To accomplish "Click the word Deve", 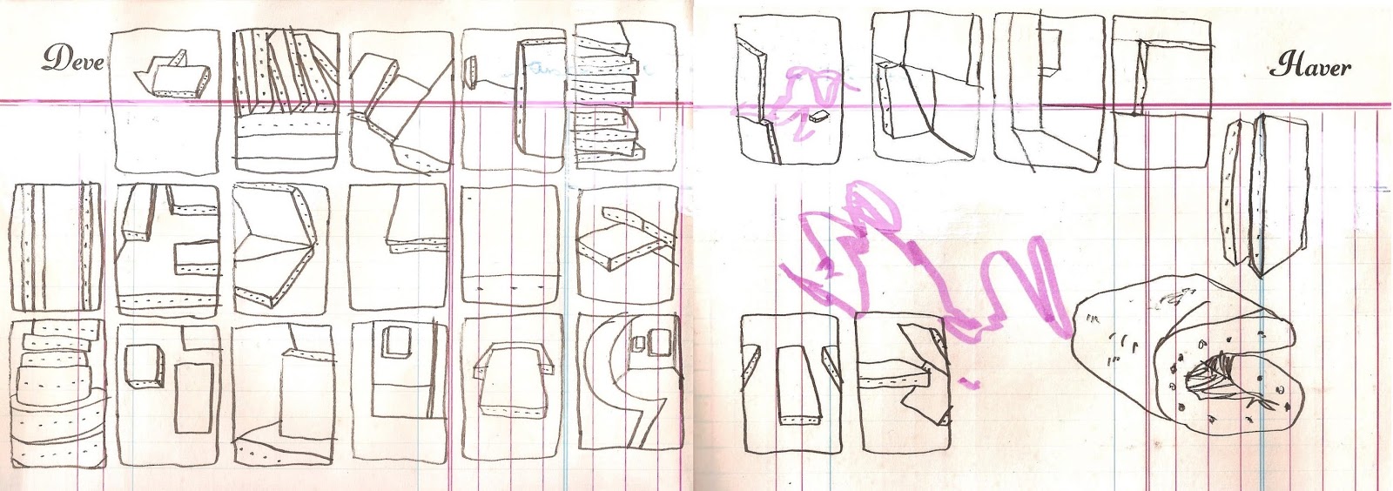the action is pos(73,59).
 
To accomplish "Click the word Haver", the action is pos(1310,66).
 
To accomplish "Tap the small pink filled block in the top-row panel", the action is pos(820,114).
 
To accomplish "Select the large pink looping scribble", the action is pos(920,267).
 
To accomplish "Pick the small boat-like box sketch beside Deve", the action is pos(173,76).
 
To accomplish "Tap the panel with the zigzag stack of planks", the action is pos(625,97).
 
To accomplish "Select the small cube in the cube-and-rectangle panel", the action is pos(145,367).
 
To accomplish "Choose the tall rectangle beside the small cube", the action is pos(194,398).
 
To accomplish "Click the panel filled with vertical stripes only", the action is pos(55,247).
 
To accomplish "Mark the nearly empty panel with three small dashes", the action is pos(510,245).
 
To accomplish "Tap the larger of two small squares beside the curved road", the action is pos(659,342).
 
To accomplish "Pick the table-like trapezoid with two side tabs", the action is pos(513,379).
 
